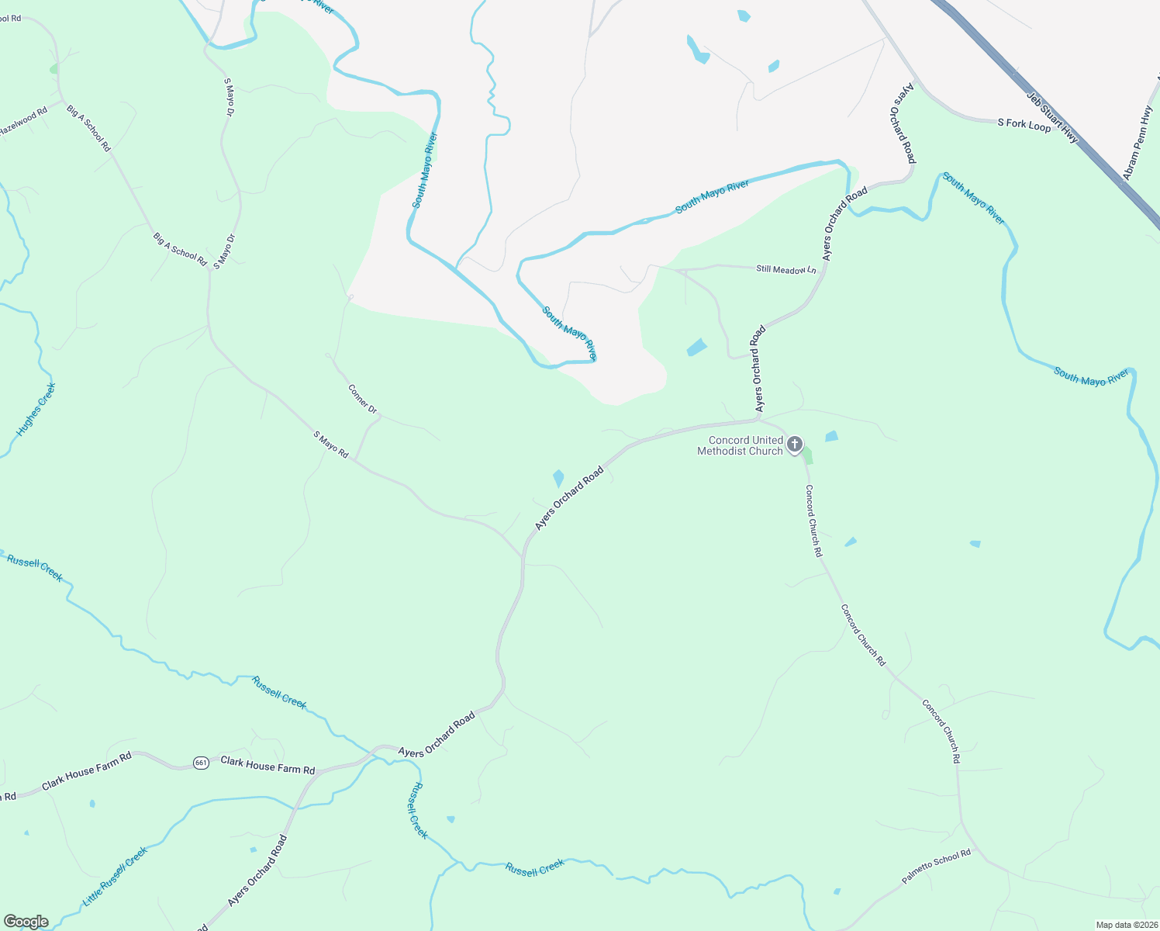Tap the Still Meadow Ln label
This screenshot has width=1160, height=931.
(785, 269)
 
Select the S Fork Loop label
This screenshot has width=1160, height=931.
(1024, 124)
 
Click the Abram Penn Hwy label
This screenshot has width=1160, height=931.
(1138, 144)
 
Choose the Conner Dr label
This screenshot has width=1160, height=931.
(362, 398)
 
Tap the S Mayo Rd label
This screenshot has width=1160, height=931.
(331, 445)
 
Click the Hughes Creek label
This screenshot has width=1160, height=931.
(36, 409)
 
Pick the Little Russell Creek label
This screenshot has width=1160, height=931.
(116, 877)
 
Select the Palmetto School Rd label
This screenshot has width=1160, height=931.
(936, 867)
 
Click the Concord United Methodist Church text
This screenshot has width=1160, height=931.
(740, 445)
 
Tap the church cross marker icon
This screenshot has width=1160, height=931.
(795, 445)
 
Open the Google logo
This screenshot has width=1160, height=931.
(26, 922)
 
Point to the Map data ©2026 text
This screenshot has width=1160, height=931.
(1125, 925)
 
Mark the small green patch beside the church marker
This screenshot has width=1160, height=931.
(808, 455)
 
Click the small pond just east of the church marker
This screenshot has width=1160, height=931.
(831, 437)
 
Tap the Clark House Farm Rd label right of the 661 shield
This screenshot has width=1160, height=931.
(268, 765)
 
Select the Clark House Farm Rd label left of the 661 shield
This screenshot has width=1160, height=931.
(87, 771)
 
